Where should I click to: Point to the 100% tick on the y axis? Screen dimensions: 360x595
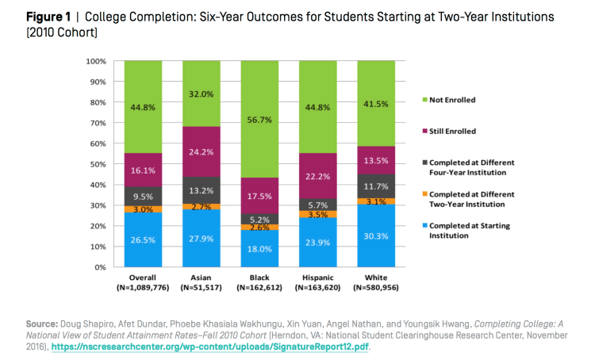[x=96, y=61]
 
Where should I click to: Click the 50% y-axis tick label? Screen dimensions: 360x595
[x=98, y=164]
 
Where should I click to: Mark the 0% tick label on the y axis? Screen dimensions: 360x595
[x=100, y=267]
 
